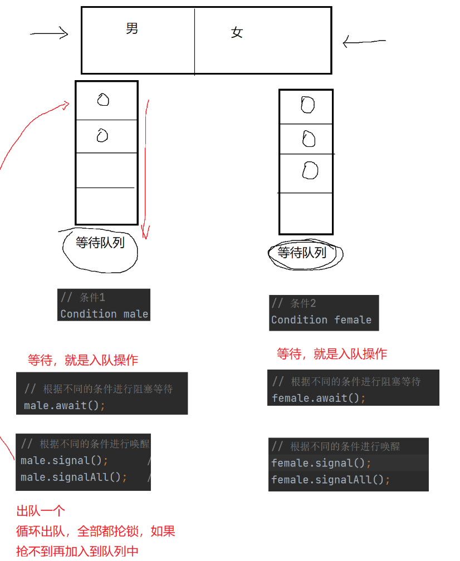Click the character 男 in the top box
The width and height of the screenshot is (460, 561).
coord(132,28)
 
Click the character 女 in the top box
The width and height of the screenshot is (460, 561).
coord(237,33)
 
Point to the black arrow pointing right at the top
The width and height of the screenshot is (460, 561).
coord(49,34)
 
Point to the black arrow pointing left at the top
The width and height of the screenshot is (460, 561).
coord(364,41)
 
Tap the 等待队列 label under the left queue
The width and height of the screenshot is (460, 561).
coord(100,243)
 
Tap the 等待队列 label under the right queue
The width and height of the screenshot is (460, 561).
coord(302,253)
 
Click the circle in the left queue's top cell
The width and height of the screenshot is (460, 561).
coord(103,100)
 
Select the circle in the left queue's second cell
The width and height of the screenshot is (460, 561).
coord(102,135)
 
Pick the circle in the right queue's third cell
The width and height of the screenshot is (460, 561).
coord(310,171)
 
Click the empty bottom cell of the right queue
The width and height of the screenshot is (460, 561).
coord(306,213)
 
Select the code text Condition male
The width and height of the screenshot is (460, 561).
coord(104,314)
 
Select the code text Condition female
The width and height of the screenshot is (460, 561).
coord(321,320)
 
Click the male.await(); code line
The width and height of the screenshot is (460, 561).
coord(65,405)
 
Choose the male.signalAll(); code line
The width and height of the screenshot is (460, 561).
coord(74,477)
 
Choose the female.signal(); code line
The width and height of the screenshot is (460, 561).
coord(321,463)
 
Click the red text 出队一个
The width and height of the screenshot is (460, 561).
coord(41,511)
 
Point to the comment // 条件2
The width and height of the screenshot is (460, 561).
coord(293,303)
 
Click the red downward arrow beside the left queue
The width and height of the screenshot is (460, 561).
coord(146,167)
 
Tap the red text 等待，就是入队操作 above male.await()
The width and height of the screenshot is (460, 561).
coord(83,360)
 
